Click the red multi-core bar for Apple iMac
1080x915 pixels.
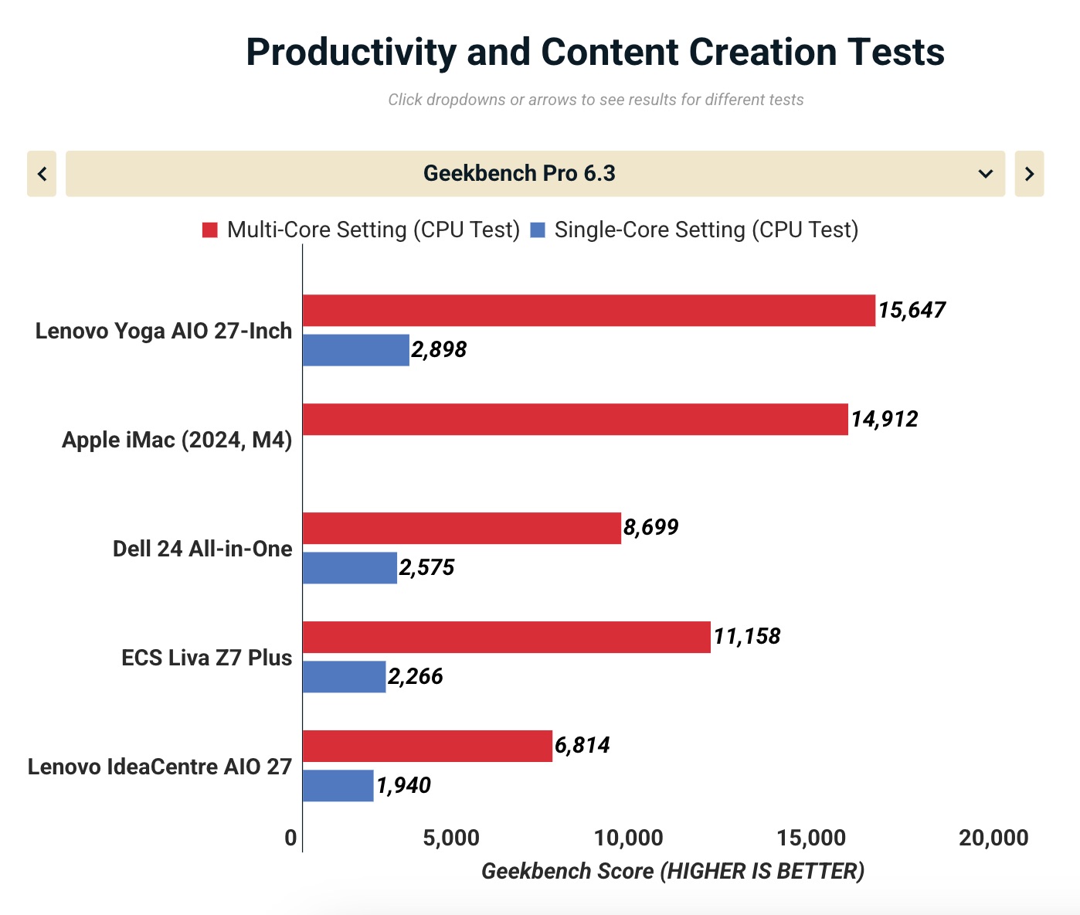tap(575, 419)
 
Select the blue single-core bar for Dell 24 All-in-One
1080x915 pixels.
tap(349, 568)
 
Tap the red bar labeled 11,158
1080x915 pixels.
tap(506, 637)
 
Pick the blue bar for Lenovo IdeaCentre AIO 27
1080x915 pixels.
tap(338, 785)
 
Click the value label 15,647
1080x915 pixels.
tap(912, 311)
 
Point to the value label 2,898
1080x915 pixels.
tap(439, 350)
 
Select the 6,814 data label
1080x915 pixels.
tap(582, 746)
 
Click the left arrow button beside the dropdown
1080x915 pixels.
tap(42, 174)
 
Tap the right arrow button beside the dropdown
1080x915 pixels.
tap(1029, 174)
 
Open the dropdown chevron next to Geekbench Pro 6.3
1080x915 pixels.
tap(986, 174)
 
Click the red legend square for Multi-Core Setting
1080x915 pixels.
tap(210, 230)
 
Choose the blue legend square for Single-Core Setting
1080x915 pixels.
tap(538, 230)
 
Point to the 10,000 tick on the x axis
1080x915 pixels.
tap(629, 838)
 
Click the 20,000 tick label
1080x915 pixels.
tap(993, 838)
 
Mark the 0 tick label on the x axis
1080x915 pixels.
tap(290, 838)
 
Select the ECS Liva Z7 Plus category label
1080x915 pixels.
tap(206, 658)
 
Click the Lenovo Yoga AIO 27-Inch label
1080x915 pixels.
tap(164, 331)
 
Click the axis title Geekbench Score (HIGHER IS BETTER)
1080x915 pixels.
tap(673, 871)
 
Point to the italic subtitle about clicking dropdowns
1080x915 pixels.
tap(596, 100)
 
